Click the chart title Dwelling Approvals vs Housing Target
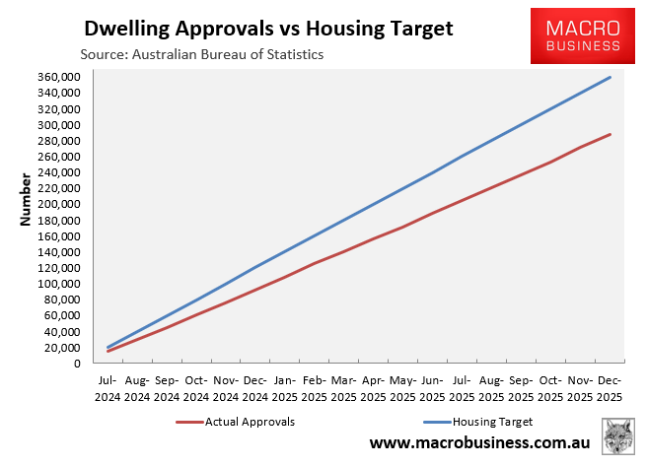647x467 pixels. [x=268, y=29]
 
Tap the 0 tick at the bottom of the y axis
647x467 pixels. [x=78, y=364]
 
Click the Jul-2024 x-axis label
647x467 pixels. [x=108, y=386]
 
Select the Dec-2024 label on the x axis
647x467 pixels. [x=255, y=386]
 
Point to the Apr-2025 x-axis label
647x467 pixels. [x=374, y=386]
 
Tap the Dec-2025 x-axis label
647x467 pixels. [x=611, y=386]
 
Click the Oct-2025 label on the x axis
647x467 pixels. [x=551, y=386]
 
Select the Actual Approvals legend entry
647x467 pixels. [x=236, y=422]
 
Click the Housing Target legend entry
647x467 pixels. [x=479, y=422]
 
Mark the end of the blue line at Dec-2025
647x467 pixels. [x=611, y=77]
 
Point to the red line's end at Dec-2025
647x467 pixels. [x=611, y=134]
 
